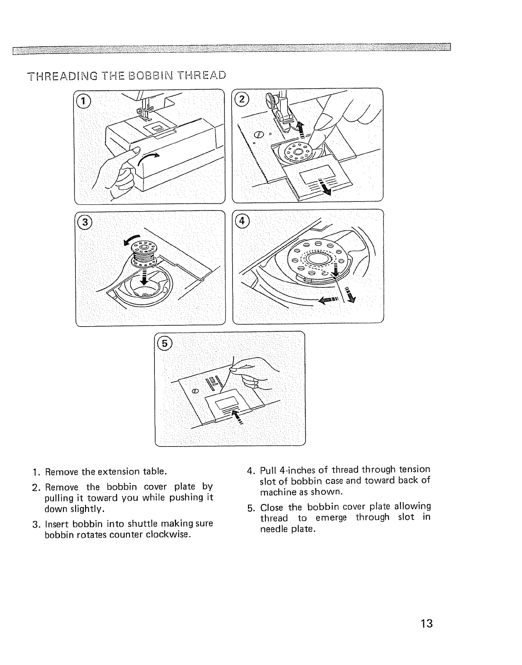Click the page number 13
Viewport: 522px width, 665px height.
pos(426,623)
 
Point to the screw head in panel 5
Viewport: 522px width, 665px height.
pos(195,391)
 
